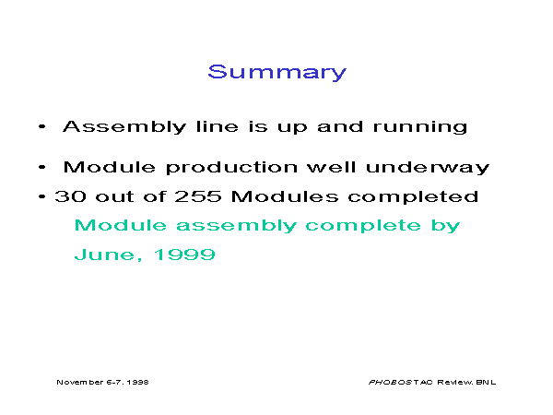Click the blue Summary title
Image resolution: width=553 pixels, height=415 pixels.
pyautogui.click(x=277, y=73)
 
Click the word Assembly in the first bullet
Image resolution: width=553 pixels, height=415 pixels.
pyautogui.click(x=124, y=127)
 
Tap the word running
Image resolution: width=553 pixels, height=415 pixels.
pyautogui.click(x=420, y=127)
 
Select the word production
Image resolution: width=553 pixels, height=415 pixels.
pyautogui.click(x=231, y=167)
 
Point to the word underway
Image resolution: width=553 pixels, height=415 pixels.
pyautogui.click(x=428, y=167)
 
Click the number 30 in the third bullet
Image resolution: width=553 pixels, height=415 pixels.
pyautogui.click(x=71, y=196)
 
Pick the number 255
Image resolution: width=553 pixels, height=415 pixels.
pyautogui.click(x=198, y=196)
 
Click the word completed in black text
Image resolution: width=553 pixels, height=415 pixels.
pyautogui.click(x=413, y=197)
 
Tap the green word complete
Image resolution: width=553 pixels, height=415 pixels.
pyautogui.click(x=363, y=226)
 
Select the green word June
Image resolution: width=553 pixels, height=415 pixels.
pyautogui.click(x=105, y=255)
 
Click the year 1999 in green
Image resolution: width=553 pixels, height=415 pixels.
pyautogui.click(x=184, y=255)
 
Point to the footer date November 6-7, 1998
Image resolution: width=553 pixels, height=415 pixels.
pyautogui.click(x=102, y=382)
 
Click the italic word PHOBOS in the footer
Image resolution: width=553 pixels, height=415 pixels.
pyautogui.click(x=391, y=382)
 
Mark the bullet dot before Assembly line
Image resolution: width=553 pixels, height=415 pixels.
pyautogui.click(x=42, y=126)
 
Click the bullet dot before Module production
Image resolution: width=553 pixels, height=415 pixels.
pyautogui.click(x=42, y=167)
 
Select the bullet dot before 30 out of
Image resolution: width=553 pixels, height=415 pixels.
pyautogui.click(x=42, y=196)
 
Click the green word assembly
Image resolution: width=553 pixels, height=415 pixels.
pyautogui.click(x=236, y=226)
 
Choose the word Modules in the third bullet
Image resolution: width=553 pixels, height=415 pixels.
pyautogui.click(x=285, y=196)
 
